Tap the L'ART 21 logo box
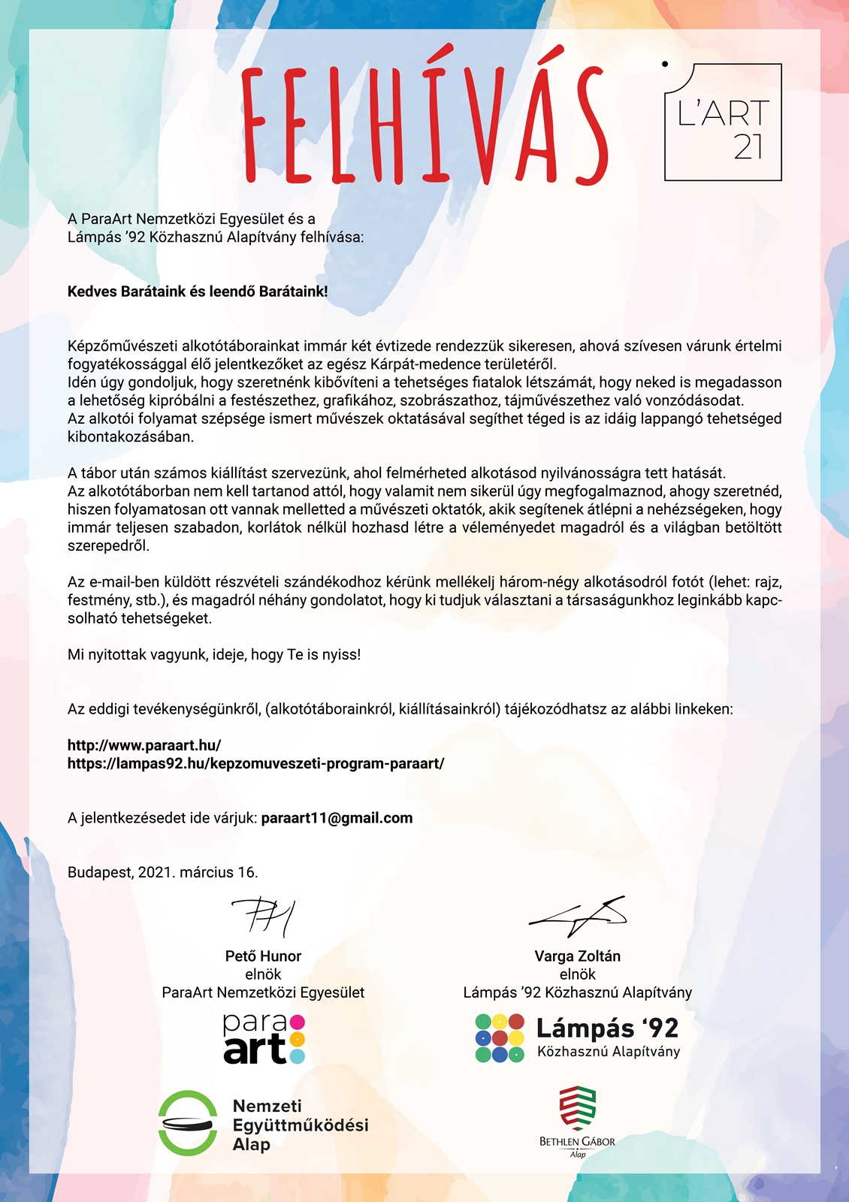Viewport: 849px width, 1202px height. (723, 122)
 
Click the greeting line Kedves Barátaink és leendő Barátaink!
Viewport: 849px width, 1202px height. (198, 291)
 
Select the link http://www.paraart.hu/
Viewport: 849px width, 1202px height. (144, 745)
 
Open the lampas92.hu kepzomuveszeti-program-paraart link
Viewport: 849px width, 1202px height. (255, 763)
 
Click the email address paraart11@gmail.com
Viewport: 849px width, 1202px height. (337, 817)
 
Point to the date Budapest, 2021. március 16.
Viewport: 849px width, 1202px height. (163, 872)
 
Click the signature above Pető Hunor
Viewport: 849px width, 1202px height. (263, 917)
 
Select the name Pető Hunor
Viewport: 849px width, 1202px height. (263, 956)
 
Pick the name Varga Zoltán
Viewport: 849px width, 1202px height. (577, 956)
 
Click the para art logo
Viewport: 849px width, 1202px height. (263, 1039)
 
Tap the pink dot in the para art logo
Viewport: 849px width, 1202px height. (297, 1022)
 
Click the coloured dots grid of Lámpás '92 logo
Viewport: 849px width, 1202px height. (500, 1038)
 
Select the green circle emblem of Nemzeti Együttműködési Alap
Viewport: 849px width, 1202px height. (188, 1123)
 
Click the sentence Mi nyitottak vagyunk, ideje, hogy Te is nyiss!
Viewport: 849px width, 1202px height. (214, 654)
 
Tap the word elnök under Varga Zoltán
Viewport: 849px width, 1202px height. (577, 974)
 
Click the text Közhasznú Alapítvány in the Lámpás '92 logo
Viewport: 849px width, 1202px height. (608, 1052)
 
